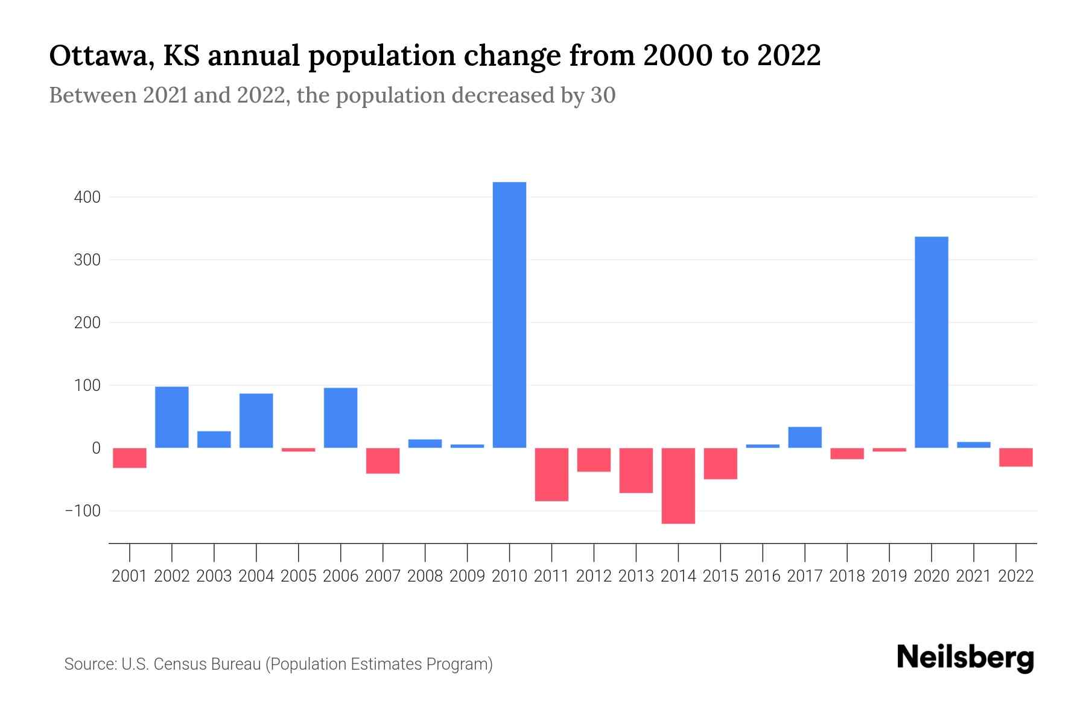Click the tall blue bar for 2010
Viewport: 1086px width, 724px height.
point(509,315)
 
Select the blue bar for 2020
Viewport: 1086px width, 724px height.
point(931,342)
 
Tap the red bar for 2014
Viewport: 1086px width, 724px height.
point(678,486)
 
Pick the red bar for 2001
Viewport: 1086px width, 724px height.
point(130,458)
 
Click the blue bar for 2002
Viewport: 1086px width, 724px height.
point(172,418)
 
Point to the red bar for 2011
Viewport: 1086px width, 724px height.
point(551,474)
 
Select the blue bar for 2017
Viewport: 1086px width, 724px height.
point(805,437)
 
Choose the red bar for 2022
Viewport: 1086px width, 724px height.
point(1015,457)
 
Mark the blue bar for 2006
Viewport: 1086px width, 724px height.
point(340,418)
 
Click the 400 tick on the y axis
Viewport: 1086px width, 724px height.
point(88,197)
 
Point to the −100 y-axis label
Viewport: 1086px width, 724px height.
point(83,511)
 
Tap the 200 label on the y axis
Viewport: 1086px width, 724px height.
point(88,323)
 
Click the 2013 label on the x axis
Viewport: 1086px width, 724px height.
point(636,576)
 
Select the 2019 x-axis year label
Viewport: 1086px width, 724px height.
point(889,576)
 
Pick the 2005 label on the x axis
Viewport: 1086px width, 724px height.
point(299,576)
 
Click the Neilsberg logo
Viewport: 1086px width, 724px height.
point(965,658)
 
